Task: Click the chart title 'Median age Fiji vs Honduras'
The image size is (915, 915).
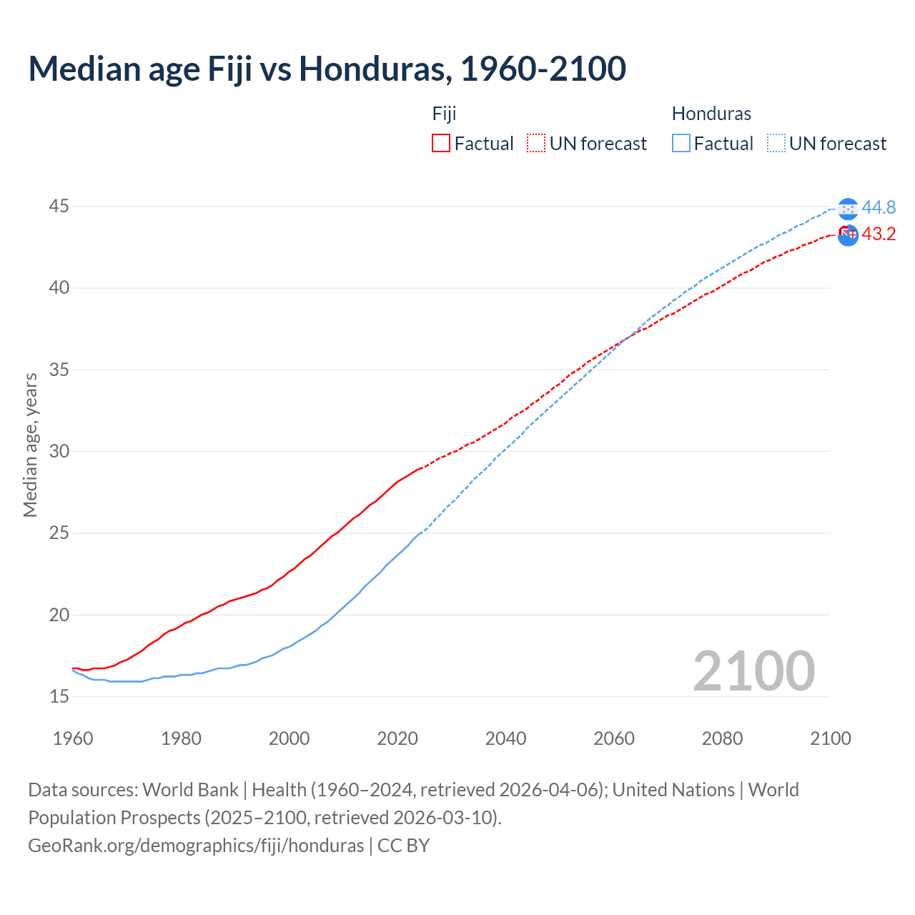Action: [327, 69]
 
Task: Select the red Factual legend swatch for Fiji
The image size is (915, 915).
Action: [441, 143]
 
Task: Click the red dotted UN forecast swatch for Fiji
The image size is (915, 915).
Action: [536, 143]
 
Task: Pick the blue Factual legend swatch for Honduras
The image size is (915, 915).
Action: [681, 143]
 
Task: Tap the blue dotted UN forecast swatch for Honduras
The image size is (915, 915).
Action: [776, 143]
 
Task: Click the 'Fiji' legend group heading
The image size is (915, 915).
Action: [444, 114]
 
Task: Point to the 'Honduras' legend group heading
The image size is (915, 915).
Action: [711, 114]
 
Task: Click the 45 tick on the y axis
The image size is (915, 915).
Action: [59, 207]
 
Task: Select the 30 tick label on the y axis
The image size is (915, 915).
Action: [59, 451]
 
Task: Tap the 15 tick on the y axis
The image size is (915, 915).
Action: [59, 696]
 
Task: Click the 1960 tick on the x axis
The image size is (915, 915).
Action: [73, 738]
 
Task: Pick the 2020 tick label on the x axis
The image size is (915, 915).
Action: [397, 738]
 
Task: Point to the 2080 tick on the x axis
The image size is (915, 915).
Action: [722, 738]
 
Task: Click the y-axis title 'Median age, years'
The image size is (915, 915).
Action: [30, 445]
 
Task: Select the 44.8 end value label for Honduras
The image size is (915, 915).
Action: [879, 207]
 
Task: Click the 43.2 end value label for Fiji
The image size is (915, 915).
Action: [879, 234]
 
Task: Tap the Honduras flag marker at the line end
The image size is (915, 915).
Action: [848, 209]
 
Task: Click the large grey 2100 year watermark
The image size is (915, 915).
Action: [753, 671]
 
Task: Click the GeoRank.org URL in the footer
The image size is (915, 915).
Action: [196, 846]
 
